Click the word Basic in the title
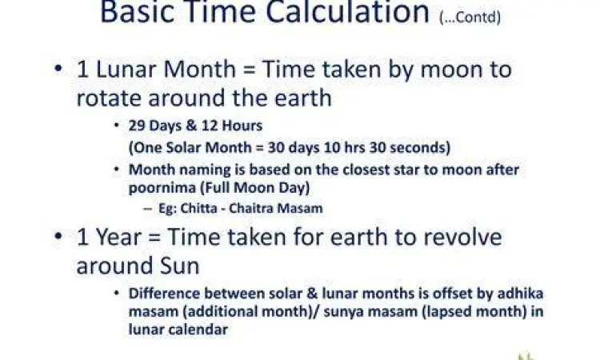pyautogui.click(x=142, y=13)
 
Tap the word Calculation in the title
pyautogui.click(x=350, y=13)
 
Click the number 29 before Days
pyautogui.click(x=136, y=126)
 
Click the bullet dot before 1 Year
pyautogui.click(x=58, y=238)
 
